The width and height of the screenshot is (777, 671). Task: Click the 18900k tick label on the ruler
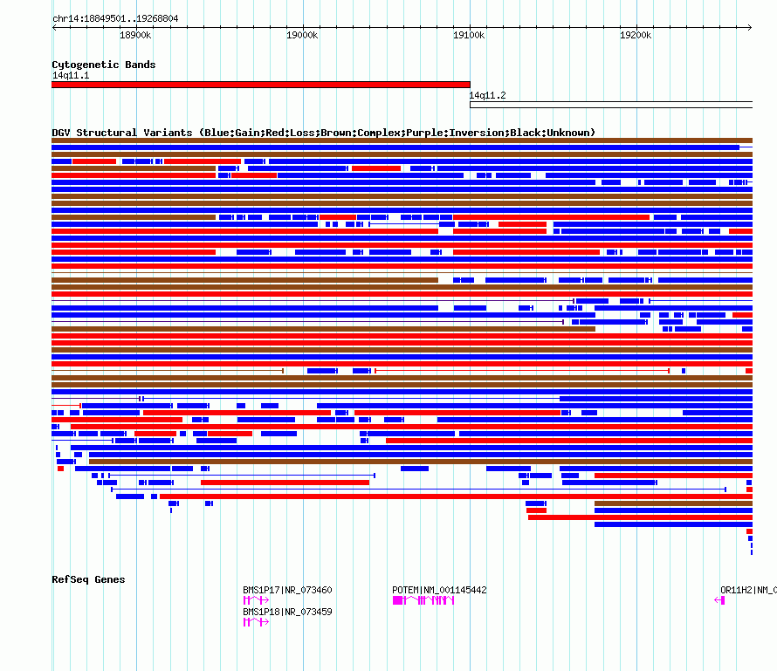click(x=135, y=35)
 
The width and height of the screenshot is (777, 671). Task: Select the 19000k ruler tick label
click(x=302, y=35)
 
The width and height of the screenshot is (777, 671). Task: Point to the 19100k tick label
click(x=469, y=35)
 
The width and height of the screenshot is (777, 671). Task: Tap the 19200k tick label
click(x=636, y=35)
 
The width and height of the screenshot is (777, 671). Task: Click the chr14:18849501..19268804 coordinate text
click(x=115, y=18)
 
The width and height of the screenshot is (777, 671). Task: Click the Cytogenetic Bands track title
click(x=104, y=65)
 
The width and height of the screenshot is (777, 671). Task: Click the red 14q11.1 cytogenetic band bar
click(x=260, y=85)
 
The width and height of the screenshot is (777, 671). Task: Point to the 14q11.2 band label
click(x=488, y=95)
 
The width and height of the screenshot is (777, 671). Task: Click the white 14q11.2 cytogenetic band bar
click(x=611, y=105)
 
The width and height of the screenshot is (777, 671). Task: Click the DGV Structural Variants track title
click(x=323, y=133)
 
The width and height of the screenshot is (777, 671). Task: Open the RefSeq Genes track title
click(x=88, y=579)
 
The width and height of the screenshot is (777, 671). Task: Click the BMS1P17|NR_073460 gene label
click(x=287, y=590)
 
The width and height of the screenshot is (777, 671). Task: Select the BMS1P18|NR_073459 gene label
click(x=287, y=612)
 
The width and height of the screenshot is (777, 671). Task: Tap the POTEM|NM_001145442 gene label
click(x=439, y=590)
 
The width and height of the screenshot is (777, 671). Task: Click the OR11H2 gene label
click(x=736, y=590)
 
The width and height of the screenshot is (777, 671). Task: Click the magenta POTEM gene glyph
click(x=423, y=600)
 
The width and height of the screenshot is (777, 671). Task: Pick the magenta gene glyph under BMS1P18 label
click(x=255, y=622)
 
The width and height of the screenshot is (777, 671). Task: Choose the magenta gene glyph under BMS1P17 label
click(x=255, y=600)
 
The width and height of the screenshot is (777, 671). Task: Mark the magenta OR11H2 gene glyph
click(x=720, y=600)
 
